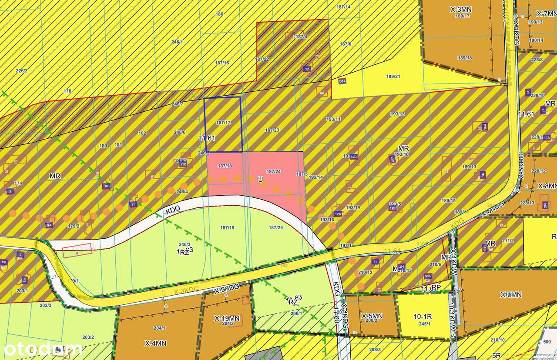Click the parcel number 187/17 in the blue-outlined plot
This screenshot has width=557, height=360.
(223, 123)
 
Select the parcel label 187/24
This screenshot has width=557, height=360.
(273, 171)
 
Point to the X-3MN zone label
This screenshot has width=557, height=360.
(461, 9)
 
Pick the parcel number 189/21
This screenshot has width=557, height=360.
(393, 77)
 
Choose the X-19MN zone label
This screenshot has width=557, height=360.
(227, 318)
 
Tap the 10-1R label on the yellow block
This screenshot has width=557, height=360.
(422, 316)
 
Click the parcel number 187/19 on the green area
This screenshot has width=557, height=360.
(227, 227)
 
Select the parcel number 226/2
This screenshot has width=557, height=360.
(22, 71)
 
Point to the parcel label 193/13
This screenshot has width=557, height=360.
(397, 114)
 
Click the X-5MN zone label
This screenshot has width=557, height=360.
(372, 316)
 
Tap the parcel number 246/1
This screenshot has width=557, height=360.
(177, 42)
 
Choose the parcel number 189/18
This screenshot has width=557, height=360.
(465, 57)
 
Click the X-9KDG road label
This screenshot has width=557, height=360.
(227, 288)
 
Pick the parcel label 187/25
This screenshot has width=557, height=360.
(276, 227)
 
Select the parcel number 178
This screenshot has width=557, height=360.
(67, 91)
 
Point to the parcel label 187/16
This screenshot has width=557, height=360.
(222, 63)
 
